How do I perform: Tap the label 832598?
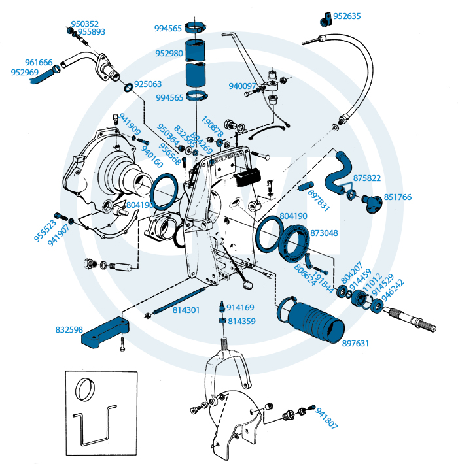(69, 330)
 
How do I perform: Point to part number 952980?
(169, 54)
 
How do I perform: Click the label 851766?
(397, 197)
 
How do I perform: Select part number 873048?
(324, 233)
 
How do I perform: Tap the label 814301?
(186, 310)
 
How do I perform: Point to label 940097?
(242, 86)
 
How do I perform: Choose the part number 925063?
(148, 84)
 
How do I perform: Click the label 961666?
(39, 63)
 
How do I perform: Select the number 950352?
(85, 24)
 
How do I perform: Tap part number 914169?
(241, 307)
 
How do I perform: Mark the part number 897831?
(319, 198)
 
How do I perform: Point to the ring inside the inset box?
(86, 390)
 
